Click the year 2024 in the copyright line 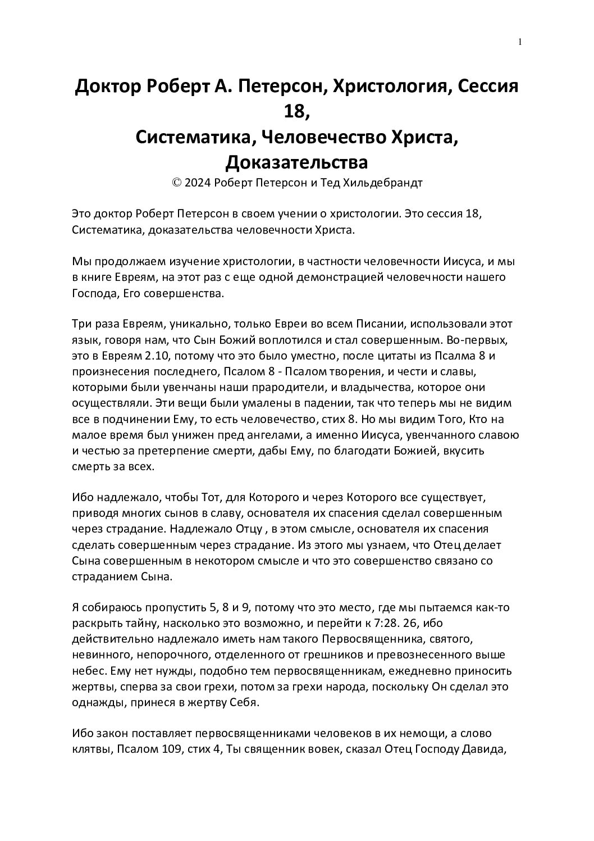(x=196, y=183)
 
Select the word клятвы (x=92, y=749)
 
